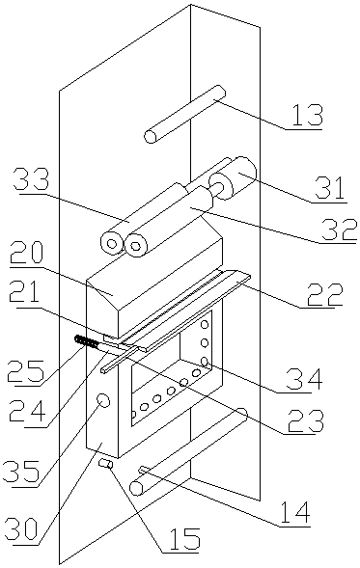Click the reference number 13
coord(307,116)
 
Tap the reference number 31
coord(330,188)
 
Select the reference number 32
coord(340,230)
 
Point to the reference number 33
coord(31,180)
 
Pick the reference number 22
coord(325,294)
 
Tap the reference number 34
coord(305,378)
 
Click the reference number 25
coord(27,371)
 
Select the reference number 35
coord(22,472)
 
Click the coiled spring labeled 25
coord(86,341)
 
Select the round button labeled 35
coord(103,400)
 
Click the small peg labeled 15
coord(106,464)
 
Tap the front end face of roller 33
coord(112,243)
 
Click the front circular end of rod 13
coord(151,137)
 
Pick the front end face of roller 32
coord(136,246)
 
